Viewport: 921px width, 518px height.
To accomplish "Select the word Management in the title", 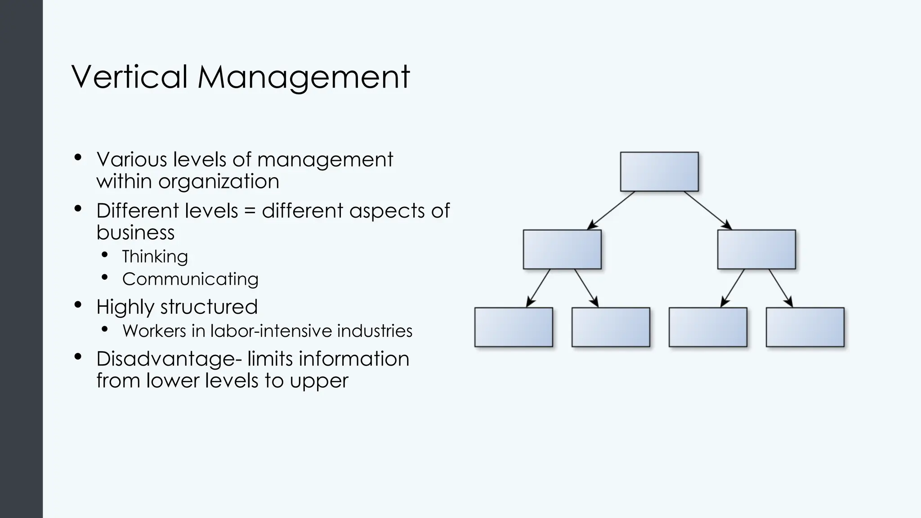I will (304, 77).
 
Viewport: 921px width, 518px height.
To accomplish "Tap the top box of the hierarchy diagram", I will (659, 171).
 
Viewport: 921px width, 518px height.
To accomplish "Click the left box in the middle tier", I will (562, 249).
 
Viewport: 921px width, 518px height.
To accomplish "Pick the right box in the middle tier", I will (756, 249).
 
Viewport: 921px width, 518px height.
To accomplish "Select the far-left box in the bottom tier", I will (514, 327).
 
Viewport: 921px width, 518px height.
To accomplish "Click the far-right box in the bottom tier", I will (805, 327).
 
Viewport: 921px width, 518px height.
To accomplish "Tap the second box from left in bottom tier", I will (611, 327).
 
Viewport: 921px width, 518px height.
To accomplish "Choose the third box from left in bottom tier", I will (708, 327).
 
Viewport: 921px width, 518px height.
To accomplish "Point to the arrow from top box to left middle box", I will (612, 210).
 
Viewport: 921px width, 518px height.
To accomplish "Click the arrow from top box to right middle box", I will (707, 210).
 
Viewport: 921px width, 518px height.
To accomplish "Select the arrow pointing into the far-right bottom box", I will (781, 288).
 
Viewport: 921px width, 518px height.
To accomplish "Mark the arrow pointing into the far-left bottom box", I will (538, 288).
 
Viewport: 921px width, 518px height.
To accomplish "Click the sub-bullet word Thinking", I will (155, 256).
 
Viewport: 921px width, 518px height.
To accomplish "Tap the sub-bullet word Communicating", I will (190, 279).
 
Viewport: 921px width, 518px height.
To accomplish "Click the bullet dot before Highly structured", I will (78, 305).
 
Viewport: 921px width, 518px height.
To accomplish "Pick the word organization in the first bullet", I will (219, 181).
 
